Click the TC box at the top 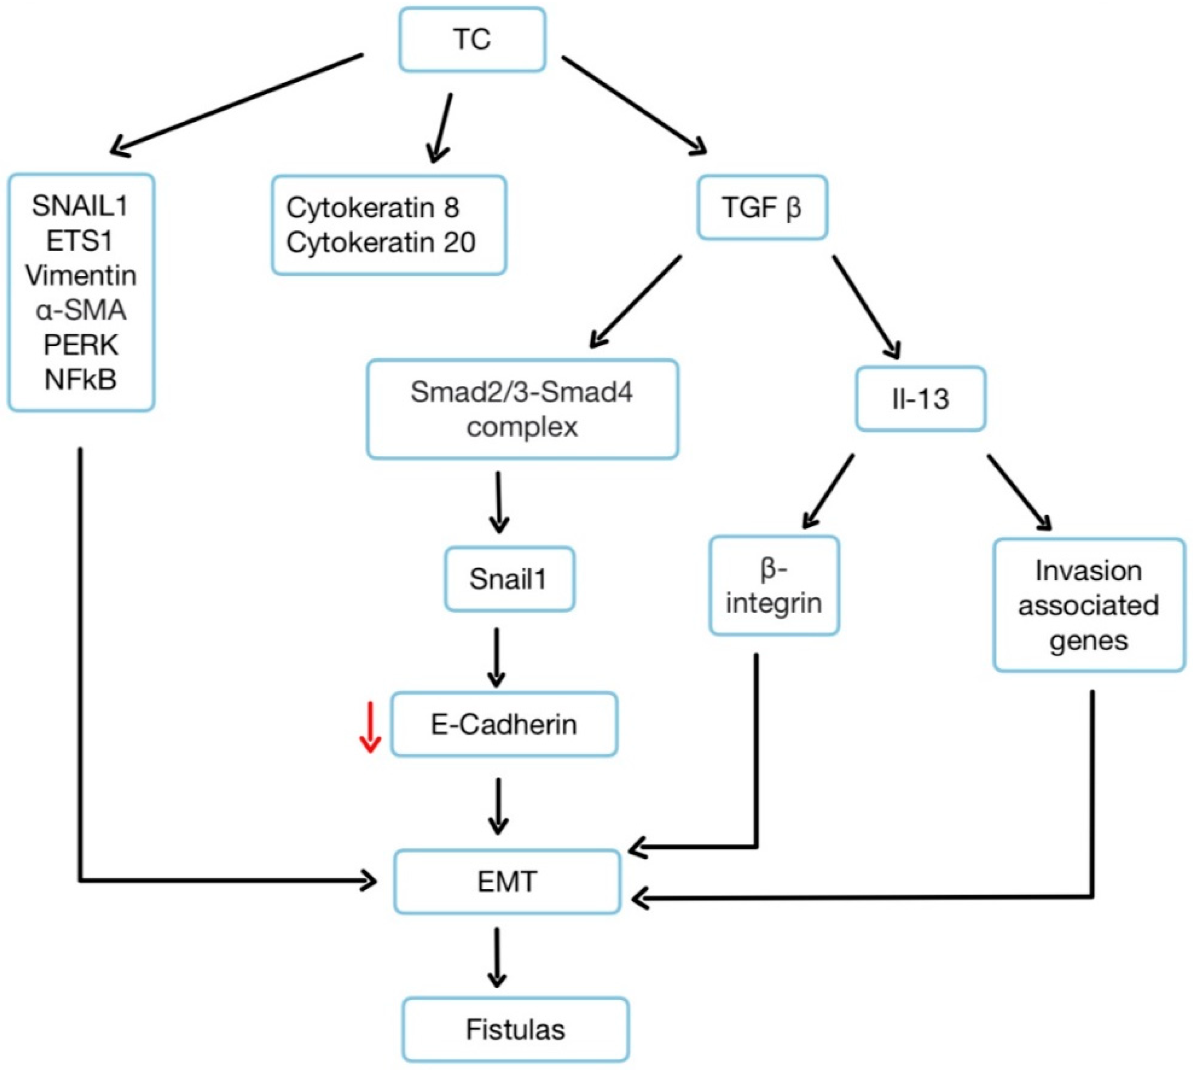pos(472,39)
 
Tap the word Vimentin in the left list pos(81,275)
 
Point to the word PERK pos(81,345)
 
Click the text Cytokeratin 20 pos(381,242)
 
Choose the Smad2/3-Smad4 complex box pos(522,409)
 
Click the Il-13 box pos(920,399)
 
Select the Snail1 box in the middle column pos(509,579)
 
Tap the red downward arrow pos(370,727)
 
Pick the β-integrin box pos(774,585)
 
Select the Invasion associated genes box pos(1088,605)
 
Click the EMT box pos(507,882)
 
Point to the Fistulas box pos(515,1029)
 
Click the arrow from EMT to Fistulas pos(497,958)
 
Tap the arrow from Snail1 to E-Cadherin pos(497,657)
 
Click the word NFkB pos(81,379)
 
